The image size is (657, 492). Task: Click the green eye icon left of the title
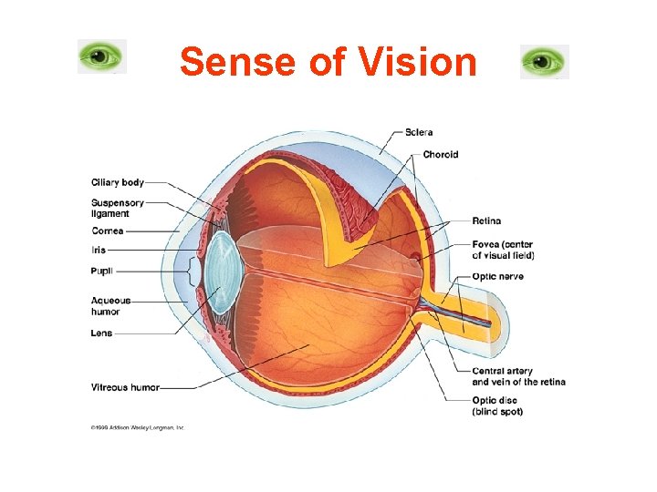[101, 56]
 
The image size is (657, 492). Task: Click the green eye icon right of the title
[544, 62]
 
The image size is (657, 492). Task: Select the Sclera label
[419, 133]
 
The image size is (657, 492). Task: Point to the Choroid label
[441, 155]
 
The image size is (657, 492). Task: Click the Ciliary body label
[117, 182]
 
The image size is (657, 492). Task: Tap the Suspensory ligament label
[117, 208]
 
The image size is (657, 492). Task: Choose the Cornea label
[108, 231]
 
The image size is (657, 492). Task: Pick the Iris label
[99, 250]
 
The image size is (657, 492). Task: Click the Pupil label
[102, 271]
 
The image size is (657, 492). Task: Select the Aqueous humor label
[111, 306]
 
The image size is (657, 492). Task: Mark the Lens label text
[101, 333]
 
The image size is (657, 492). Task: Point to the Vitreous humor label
[125, 387]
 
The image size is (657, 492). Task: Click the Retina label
[486, 221]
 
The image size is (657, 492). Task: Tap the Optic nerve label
[497, 277]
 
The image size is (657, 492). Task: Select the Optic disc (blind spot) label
[497, 406]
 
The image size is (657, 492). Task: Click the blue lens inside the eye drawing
[220, 273]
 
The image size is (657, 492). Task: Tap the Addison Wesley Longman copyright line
[137, 426]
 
